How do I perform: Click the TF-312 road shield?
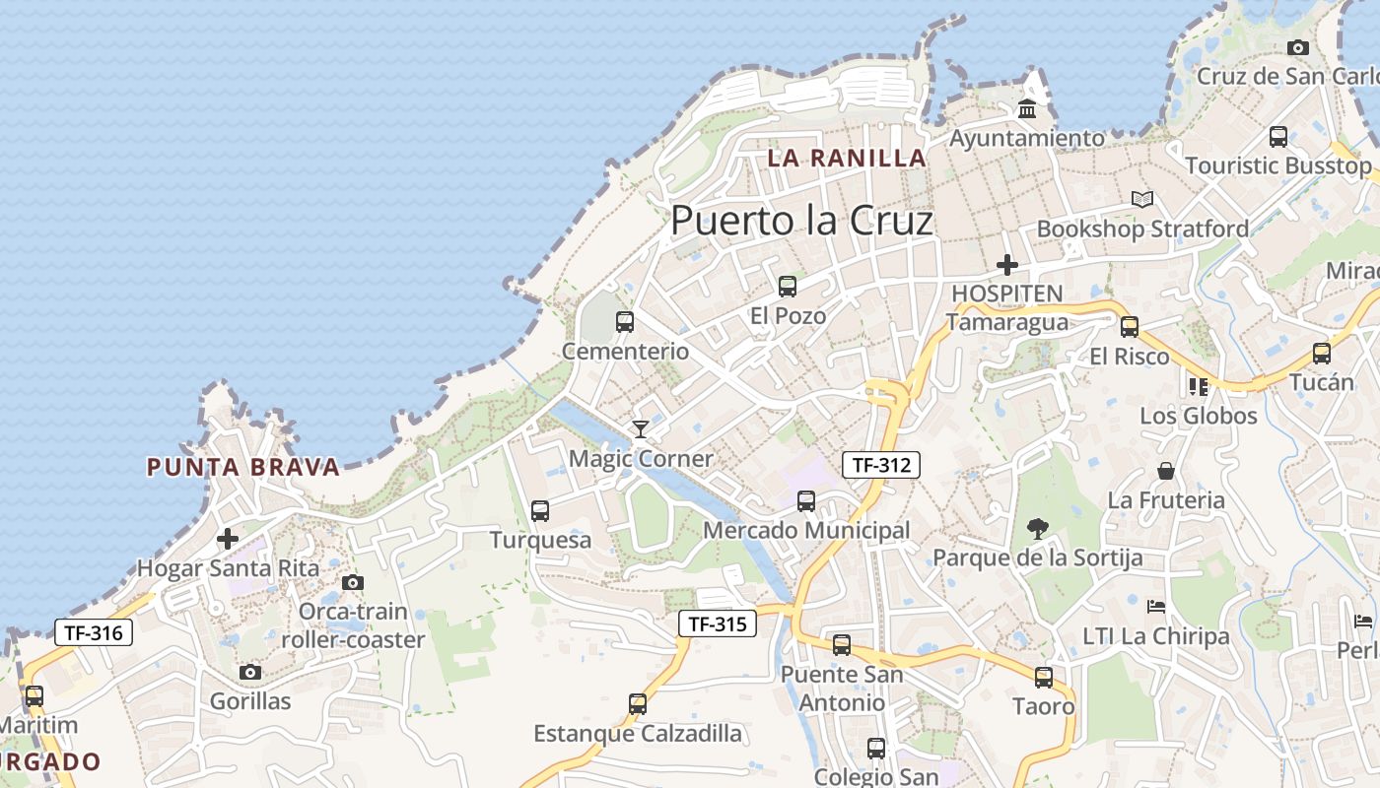pyautogui.click(x=880, y=465)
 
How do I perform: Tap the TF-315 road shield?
pyautogui.click(x=718, y=624)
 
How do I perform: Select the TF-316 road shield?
pyautogui.click(x=94, y=632)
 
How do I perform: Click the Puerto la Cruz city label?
pyautogui.click(x=801, y=221)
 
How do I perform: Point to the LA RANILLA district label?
pyautogui.click(x=847, y=158)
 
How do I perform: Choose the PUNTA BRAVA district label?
pyautogui.click(x=242, y=467)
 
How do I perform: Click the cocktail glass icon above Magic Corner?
pyautogui.click(x=641, y=428)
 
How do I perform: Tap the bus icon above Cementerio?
pyautogui.click(x=624, y=321)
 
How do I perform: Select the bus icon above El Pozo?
pyautogui.click(x=787, y=287)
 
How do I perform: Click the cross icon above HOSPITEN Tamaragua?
pyautogui.click(x=1006, y=265)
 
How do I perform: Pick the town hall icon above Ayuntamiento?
pyautogui.click(x=1027, y=108)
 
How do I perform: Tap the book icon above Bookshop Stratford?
pyautogui.click(x=1141, y=200)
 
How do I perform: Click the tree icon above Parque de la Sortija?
pyautogui.click(x=1037, y=529)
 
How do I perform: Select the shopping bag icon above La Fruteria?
pyautogui.click(x=1166, y=471)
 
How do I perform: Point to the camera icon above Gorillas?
pyautogui.click(x=250, y=672)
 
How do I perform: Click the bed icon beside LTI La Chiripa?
pyautogui.click(x=1156, y=606)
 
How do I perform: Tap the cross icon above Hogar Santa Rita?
pyautogui.click(x=228, y=539)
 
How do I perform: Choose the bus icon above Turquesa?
pyautogui.click(x=540, y=510)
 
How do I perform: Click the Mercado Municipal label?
pyautogui.click(x=806, y=531)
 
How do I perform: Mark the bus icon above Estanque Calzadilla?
pyautogui.click(x=638, y=704)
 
